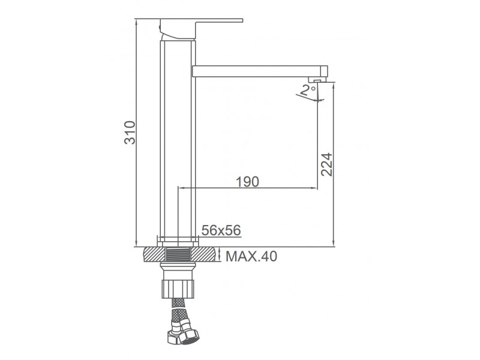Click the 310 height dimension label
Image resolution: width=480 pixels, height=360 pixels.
tap(130, 133)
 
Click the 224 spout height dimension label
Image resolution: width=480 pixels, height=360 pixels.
tap(326, 164)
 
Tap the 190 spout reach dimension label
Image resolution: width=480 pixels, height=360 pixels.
tap(247, 182)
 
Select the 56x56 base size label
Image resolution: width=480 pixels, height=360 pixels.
tap(221, 230)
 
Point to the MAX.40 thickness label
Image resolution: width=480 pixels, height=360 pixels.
tap(251, 256)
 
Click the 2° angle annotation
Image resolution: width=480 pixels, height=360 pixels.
tap(308, 91)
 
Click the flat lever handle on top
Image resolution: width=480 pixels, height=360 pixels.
tap(201, 29)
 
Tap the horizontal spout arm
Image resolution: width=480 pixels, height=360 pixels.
tap(260, 71)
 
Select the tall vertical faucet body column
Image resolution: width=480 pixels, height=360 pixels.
tap(178, 139)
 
